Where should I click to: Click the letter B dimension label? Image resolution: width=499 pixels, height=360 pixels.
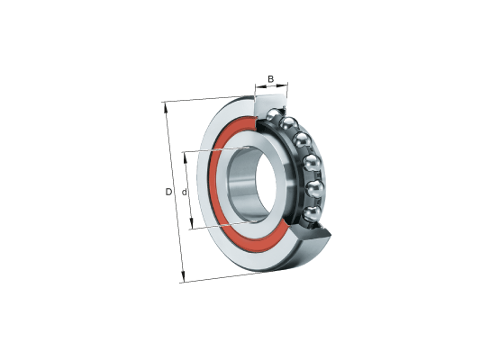[x=270, y=79]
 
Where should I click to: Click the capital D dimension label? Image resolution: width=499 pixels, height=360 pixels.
[x=168, y=192]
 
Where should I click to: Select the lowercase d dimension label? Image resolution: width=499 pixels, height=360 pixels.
[x=184, y=192]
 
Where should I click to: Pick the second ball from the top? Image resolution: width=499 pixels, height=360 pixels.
[x=288, y=123]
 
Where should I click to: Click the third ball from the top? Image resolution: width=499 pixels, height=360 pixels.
[x=302, y=139]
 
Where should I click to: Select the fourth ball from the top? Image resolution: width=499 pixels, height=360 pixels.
[x=312, y=163]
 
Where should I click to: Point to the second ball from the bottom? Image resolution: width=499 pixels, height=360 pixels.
[x=315, y=188]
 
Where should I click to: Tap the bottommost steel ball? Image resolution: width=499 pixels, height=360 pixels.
[x=312, y=213]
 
